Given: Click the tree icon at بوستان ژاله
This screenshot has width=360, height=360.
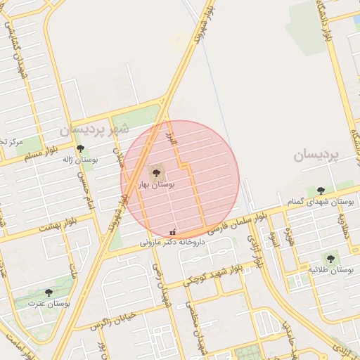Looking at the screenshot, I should coord(81,149).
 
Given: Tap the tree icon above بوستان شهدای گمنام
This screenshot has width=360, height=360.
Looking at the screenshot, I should coord(321,191).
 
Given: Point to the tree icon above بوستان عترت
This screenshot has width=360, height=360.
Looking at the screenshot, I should coord(49,292).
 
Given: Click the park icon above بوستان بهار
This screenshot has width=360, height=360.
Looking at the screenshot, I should coord(155,172).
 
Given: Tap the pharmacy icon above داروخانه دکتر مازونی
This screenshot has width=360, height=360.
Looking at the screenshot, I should coord(173,233).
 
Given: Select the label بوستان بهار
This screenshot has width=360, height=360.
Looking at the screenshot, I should coord(156,184).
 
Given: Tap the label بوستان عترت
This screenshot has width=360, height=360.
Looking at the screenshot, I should coord(49,304).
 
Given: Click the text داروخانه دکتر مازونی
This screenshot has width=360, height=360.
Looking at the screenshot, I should coord(172,243).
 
